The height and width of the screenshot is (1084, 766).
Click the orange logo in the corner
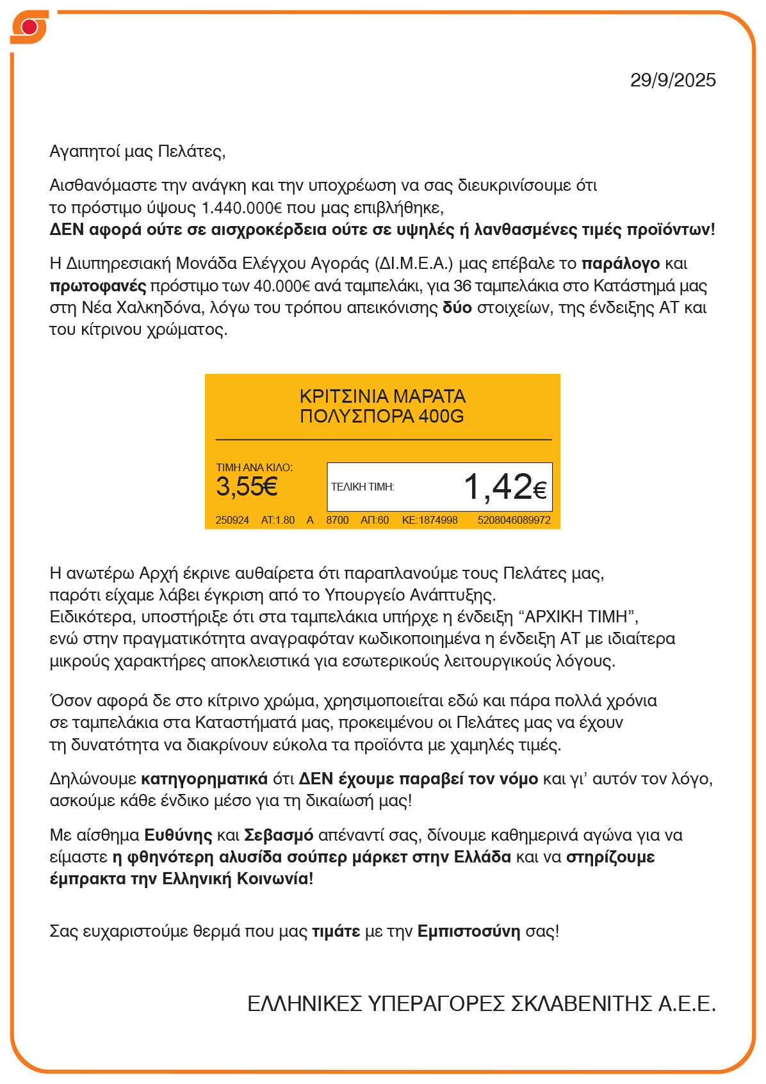click(29, 28)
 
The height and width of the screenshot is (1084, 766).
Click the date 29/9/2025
click(672, 80)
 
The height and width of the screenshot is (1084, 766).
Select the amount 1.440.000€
click(241, 207)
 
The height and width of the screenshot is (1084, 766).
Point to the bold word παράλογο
click(620, 263)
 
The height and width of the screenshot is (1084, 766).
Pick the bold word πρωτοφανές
click(97, 286)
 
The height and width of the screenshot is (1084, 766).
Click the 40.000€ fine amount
click(282, 286)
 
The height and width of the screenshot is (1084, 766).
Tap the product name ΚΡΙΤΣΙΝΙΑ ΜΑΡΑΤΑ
click(382, 396)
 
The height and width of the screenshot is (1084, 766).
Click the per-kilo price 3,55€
click(247, 487)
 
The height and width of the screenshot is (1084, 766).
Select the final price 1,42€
click(505, 487)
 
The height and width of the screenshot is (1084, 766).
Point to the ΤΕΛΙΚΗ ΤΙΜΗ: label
click(363, 487)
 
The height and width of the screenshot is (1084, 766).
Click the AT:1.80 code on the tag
click(277, 520)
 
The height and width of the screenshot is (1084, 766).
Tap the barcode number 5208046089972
click(514, 520)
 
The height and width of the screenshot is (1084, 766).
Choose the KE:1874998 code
click(429, 520)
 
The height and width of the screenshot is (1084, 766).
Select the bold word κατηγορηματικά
click(204, 779)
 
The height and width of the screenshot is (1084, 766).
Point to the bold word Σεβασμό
click(279, 836)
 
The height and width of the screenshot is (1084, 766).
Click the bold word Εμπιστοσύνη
click(468, 932)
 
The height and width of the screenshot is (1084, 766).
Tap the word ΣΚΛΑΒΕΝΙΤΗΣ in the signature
click(581, 1003)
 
